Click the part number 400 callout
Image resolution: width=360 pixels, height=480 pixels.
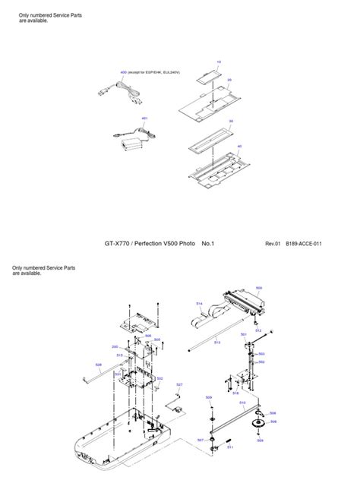pos(122,71)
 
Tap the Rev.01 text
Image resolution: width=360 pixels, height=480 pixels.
pos(273,244)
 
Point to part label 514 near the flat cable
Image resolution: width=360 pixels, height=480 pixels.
pos(199,304)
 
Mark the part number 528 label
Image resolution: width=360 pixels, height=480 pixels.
pos(98,365)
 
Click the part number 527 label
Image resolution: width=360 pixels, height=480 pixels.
pos(179,385)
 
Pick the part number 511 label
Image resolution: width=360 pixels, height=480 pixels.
pos(229,448)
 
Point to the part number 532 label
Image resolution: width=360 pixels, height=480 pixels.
pos(159,377)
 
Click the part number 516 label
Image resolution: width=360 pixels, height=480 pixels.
pos(235,393)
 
